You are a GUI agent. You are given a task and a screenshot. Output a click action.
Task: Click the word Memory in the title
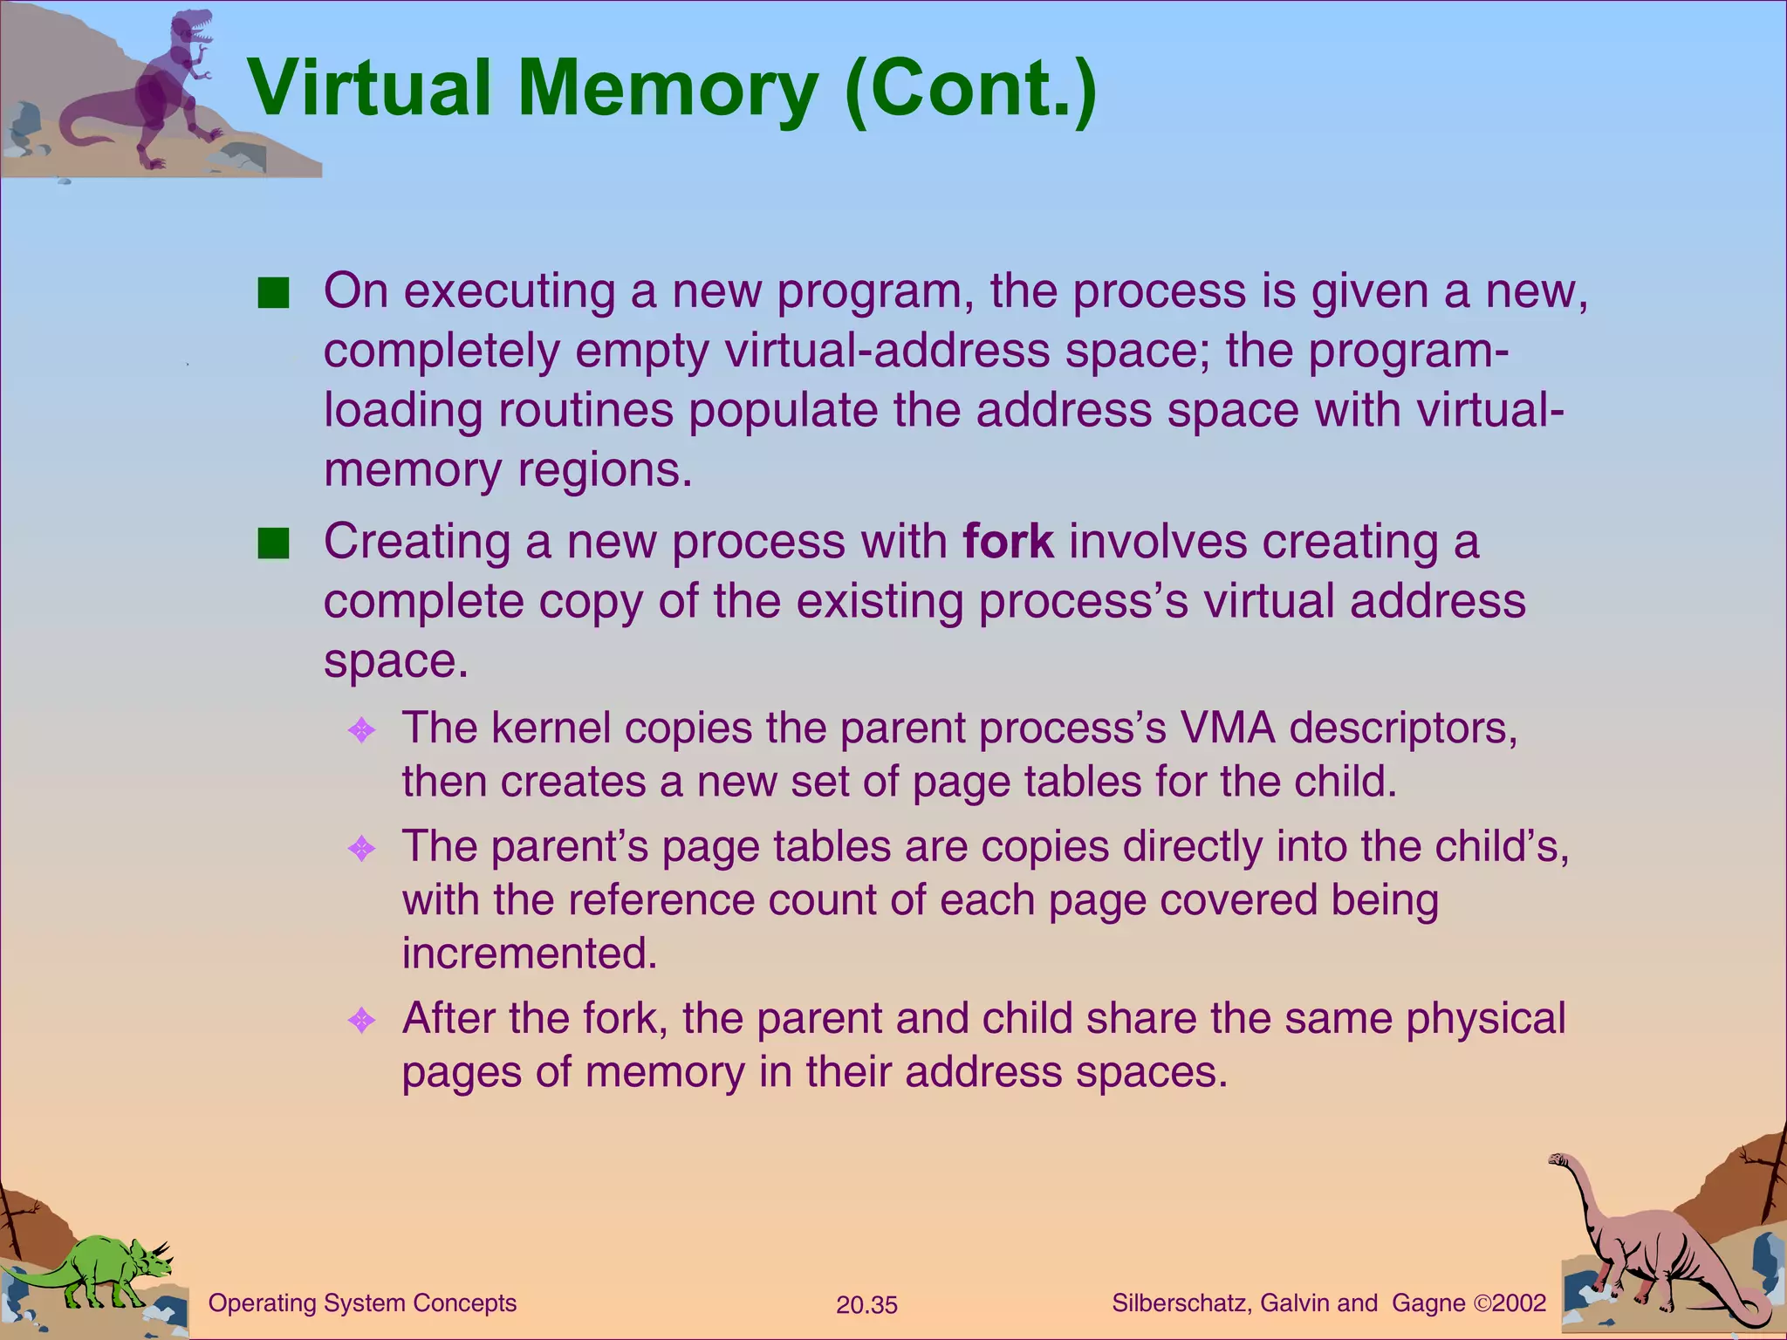point(668,90)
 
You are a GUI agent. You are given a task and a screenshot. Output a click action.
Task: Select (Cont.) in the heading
point(970,90)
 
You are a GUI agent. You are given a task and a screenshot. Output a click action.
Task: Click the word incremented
point(529,953)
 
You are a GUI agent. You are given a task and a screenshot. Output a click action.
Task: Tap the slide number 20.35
point(866,1305)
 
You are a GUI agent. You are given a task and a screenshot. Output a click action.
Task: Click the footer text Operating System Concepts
point(362,1303)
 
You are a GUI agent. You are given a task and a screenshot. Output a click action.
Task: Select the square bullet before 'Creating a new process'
point(273,544)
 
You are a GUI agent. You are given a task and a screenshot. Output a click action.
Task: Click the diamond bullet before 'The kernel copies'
point(361,730)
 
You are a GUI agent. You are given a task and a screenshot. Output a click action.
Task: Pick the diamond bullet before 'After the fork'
point(361,1020)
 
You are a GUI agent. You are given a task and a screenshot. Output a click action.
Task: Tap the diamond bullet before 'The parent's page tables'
point(361,848)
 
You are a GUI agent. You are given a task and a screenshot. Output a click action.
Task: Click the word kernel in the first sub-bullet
point(551,728)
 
